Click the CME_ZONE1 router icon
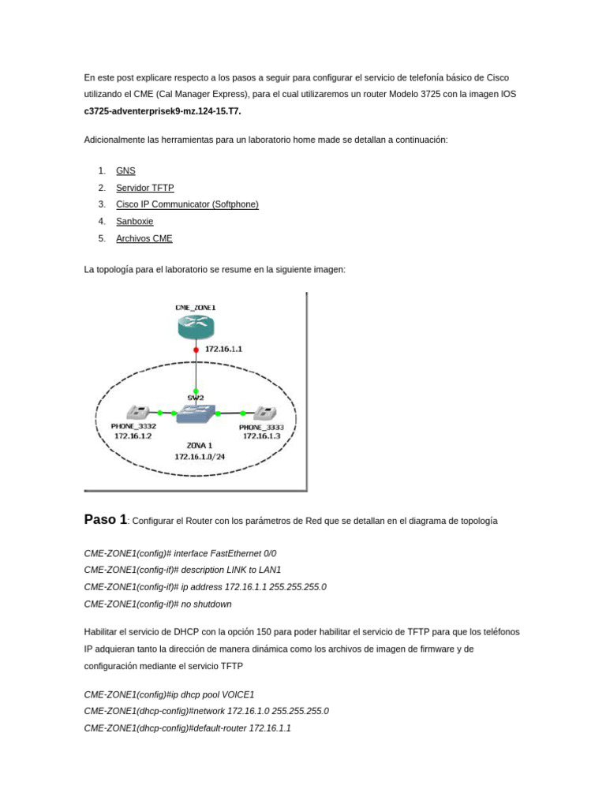pyautogui.click(x=196, y=325)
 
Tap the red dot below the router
pyautogui.click(x=196, y=349)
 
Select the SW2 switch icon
pyautogui.click(x=196, y=412)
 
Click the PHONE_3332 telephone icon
pyautogui.click(x=139, y=412)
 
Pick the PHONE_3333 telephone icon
pyautogui.click(x=263, y=413)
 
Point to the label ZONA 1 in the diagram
pyautogui.click(x=199, y=445)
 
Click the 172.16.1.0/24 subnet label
pyautogui.click(x=199, y=456)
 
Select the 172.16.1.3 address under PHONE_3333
pyautogui.click(x=262, y=436)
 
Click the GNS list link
pyautogui.click(x=125, y=170)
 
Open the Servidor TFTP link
pyautogui.click(x=144, y=188)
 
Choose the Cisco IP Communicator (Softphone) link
pyautogui.click(x=187, y=204)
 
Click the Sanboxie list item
pyautogui.click(x=134, y=222)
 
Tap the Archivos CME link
pyautogui.click(x=144, y=238)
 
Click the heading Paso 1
pyautogui.click(x=105, y=519)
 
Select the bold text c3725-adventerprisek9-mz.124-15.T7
pyautogui.click(x=163, y=111)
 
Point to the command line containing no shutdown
pyautogui.click(x=158, y=604)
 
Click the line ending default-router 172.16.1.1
pyautogui.click(x=187, y=728)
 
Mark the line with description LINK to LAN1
pyautogui.click(x=182, y=570)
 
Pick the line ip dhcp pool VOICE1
pyautogui.click(x=169, y=694)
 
